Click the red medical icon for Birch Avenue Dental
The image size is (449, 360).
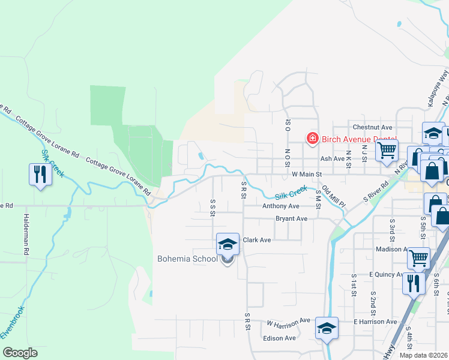pos(312,139)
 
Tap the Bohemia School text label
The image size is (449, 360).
pos(187,259)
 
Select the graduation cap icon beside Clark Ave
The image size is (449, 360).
pos(228,244)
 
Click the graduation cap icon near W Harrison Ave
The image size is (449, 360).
pos(327,328)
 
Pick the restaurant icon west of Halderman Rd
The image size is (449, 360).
pos(40,175)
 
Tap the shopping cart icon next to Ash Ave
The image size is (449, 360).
pos(387,149)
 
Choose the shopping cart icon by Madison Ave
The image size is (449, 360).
pos(418,258)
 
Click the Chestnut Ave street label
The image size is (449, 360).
pos(372,127)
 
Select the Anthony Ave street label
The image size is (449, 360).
pos(280,206)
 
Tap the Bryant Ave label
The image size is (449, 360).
pos(291,218)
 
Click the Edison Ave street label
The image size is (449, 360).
pos(279,338)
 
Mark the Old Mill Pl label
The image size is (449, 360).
pos(333,197)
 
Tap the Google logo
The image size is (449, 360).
pos(19,353)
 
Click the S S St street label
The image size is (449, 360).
pos(212,206)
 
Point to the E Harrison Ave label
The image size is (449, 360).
pos(375,322)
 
